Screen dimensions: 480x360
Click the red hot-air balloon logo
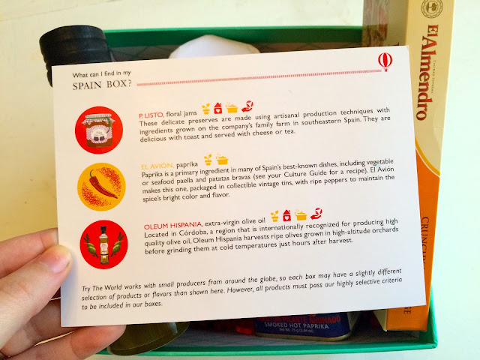click(x=385, y=61)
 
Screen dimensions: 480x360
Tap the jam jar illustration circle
click(x=99, y=130)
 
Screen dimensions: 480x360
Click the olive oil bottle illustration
click(x=103, y=245)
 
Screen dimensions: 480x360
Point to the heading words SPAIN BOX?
click(x=102, y=85)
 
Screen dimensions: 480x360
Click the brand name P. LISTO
click(x=151, y=115)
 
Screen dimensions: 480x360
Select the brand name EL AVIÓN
click(x=157, y=166)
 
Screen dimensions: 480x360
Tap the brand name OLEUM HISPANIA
click(x=173, y=226)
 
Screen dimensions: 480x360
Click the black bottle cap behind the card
click(x=74, y=48)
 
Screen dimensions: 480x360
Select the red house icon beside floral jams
click(x=217, y=108)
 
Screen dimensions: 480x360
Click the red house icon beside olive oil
click(x=286, y=215)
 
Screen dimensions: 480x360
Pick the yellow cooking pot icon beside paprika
click(x=222, y=159)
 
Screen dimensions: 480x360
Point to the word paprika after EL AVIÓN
click(x=187, y=165)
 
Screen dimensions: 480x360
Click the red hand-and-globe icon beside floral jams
click(x=247, y=106)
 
